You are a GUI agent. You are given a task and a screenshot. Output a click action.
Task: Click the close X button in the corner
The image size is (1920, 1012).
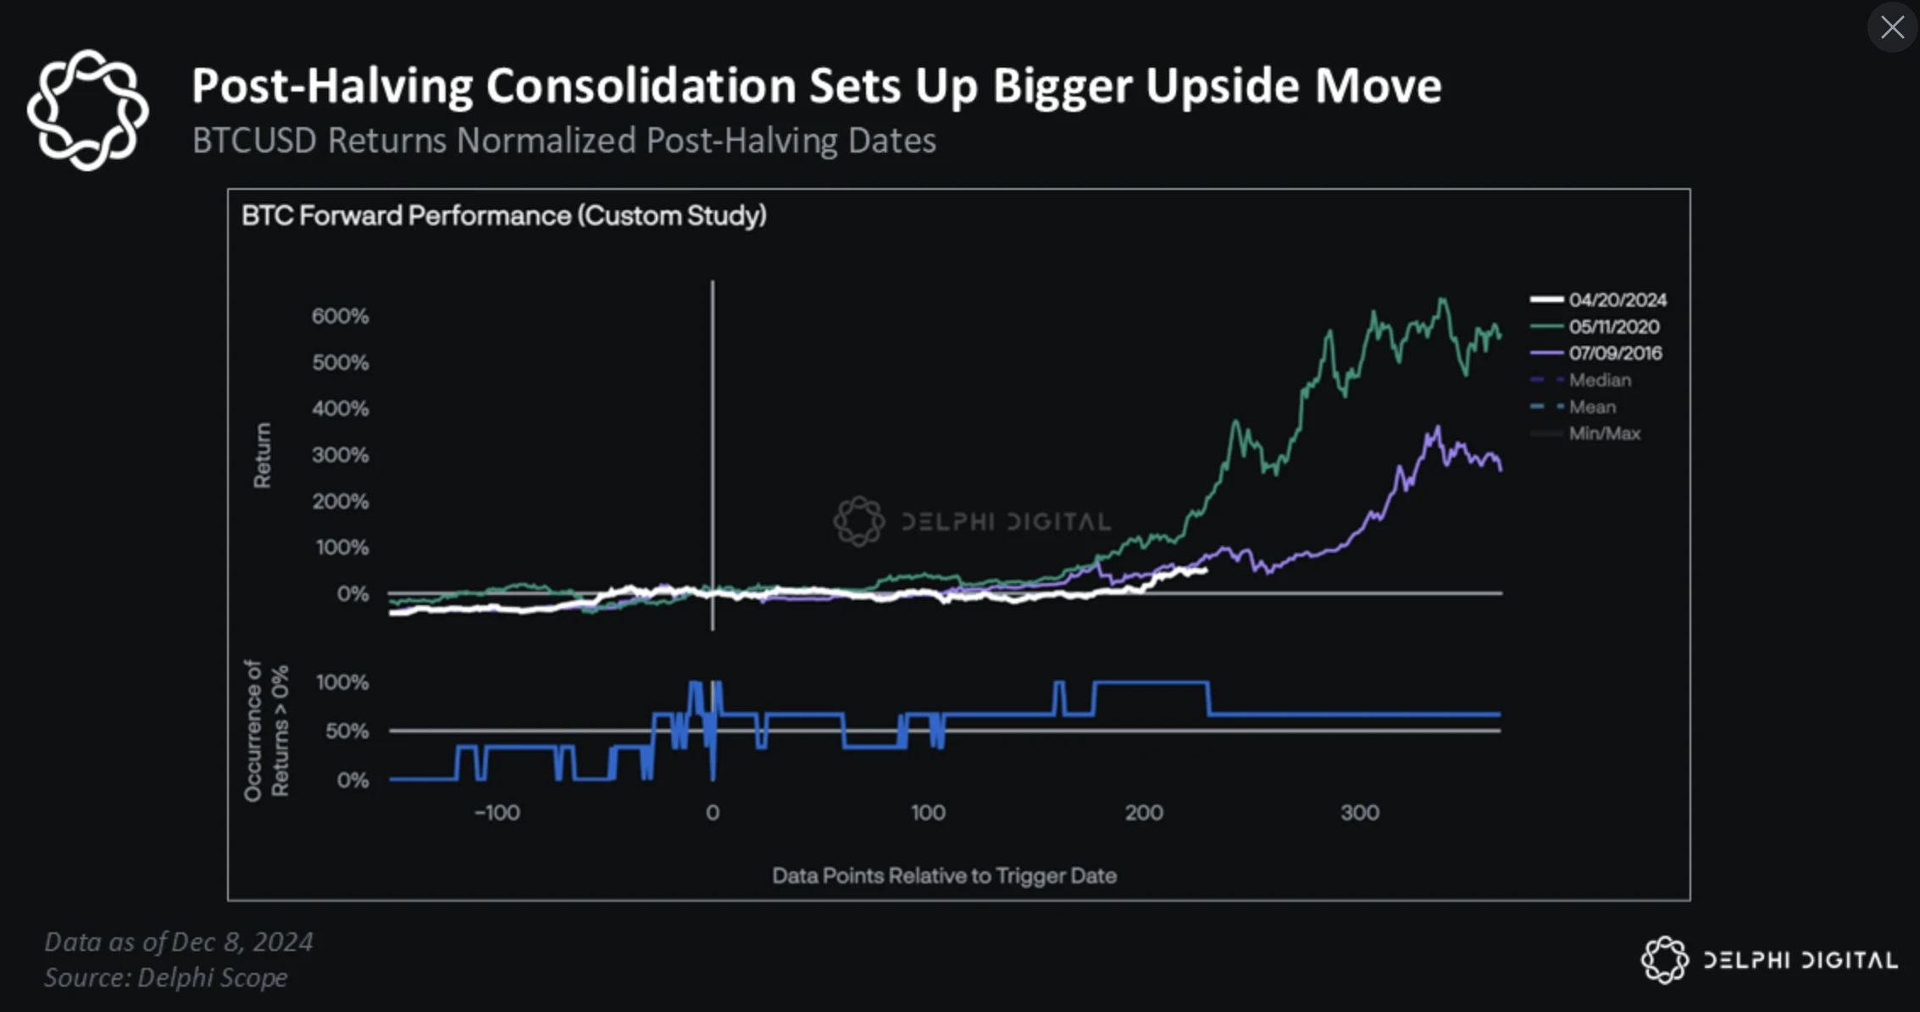pos(1892,27)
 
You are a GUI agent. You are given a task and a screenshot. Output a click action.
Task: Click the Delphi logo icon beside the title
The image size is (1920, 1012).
pos(87,110)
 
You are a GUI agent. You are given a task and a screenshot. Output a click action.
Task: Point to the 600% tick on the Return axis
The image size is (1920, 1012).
pos(341,317)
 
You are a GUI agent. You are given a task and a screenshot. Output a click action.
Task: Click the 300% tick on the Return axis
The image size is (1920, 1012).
pos(341,455)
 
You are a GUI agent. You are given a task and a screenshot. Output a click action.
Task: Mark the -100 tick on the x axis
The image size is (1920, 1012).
pos(497,813)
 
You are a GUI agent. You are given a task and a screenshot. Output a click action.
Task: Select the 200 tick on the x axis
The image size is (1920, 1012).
pos(1144,813)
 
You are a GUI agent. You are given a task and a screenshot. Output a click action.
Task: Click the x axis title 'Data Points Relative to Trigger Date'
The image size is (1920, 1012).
pos(944,876)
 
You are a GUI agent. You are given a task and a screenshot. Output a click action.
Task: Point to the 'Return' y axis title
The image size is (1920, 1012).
pos(263,455)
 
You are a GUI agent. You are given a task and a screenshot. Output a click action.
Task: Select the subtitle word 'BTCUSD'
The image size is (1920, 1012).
pos(254,141)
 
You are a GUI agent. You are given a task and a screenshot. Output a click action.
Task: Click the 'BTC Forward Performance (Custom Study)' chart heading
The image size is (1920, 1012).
pos(504,216)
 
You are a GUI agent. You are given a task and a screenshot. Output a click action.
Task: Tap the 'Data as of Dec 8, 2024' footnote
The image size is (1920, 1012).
pos(179,942)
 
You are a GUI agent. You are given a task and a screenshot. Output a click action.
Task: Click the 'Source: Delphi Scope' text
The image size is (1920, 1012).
pos(166,977)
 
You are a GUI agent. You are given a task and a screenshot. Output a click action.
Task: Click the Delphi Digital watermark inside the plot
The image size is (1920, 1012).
pos(973,521)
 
